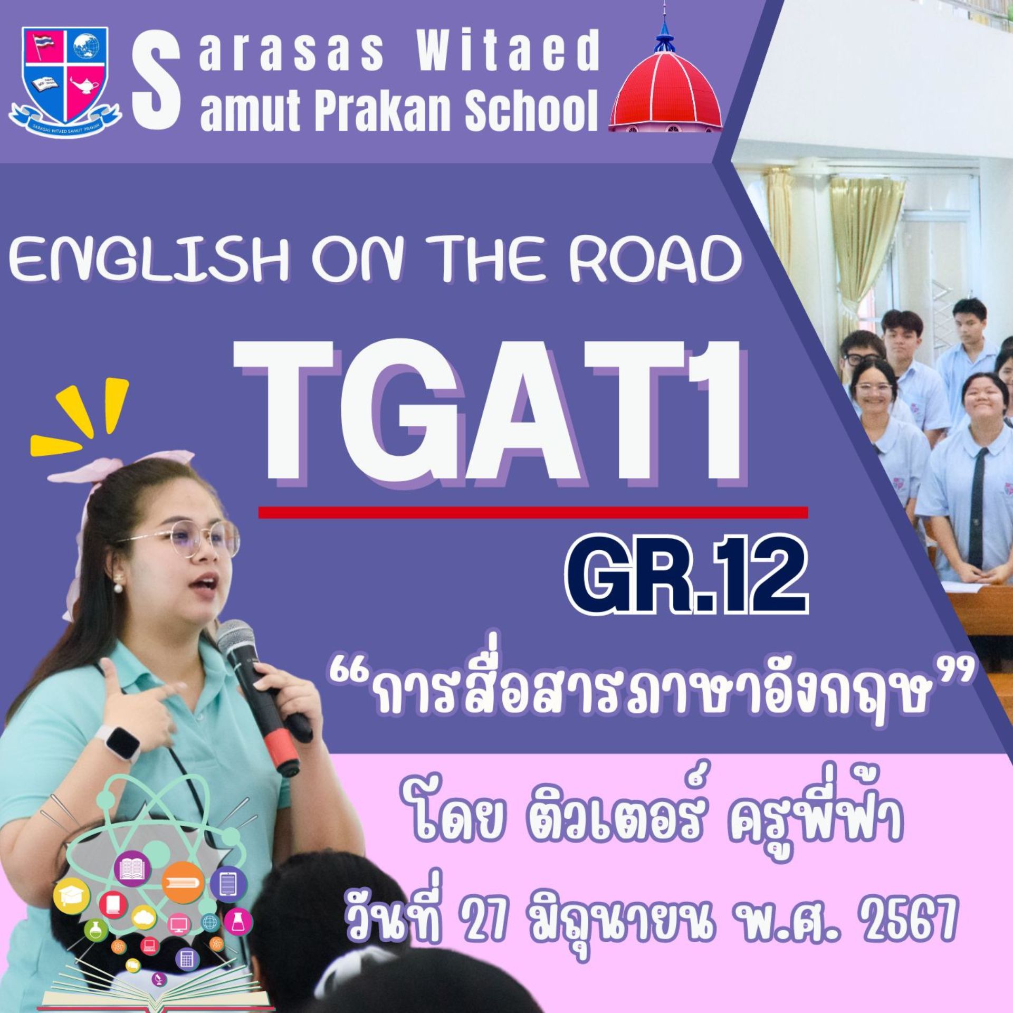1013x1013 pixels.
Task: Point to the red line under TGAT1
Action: [533, 512]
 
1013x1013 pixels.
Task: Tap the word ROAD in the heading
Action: [654, 260]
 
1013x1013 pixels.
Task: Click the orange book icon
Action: [183, 882]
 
